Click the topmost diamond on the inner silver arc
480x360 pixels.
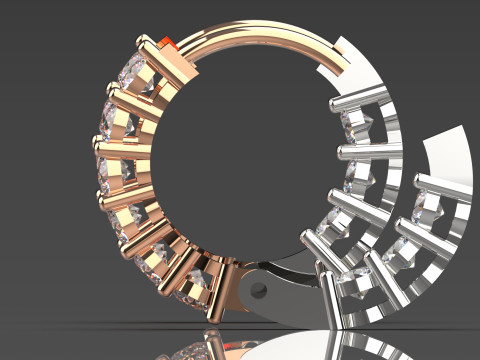tap(355, 123)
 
